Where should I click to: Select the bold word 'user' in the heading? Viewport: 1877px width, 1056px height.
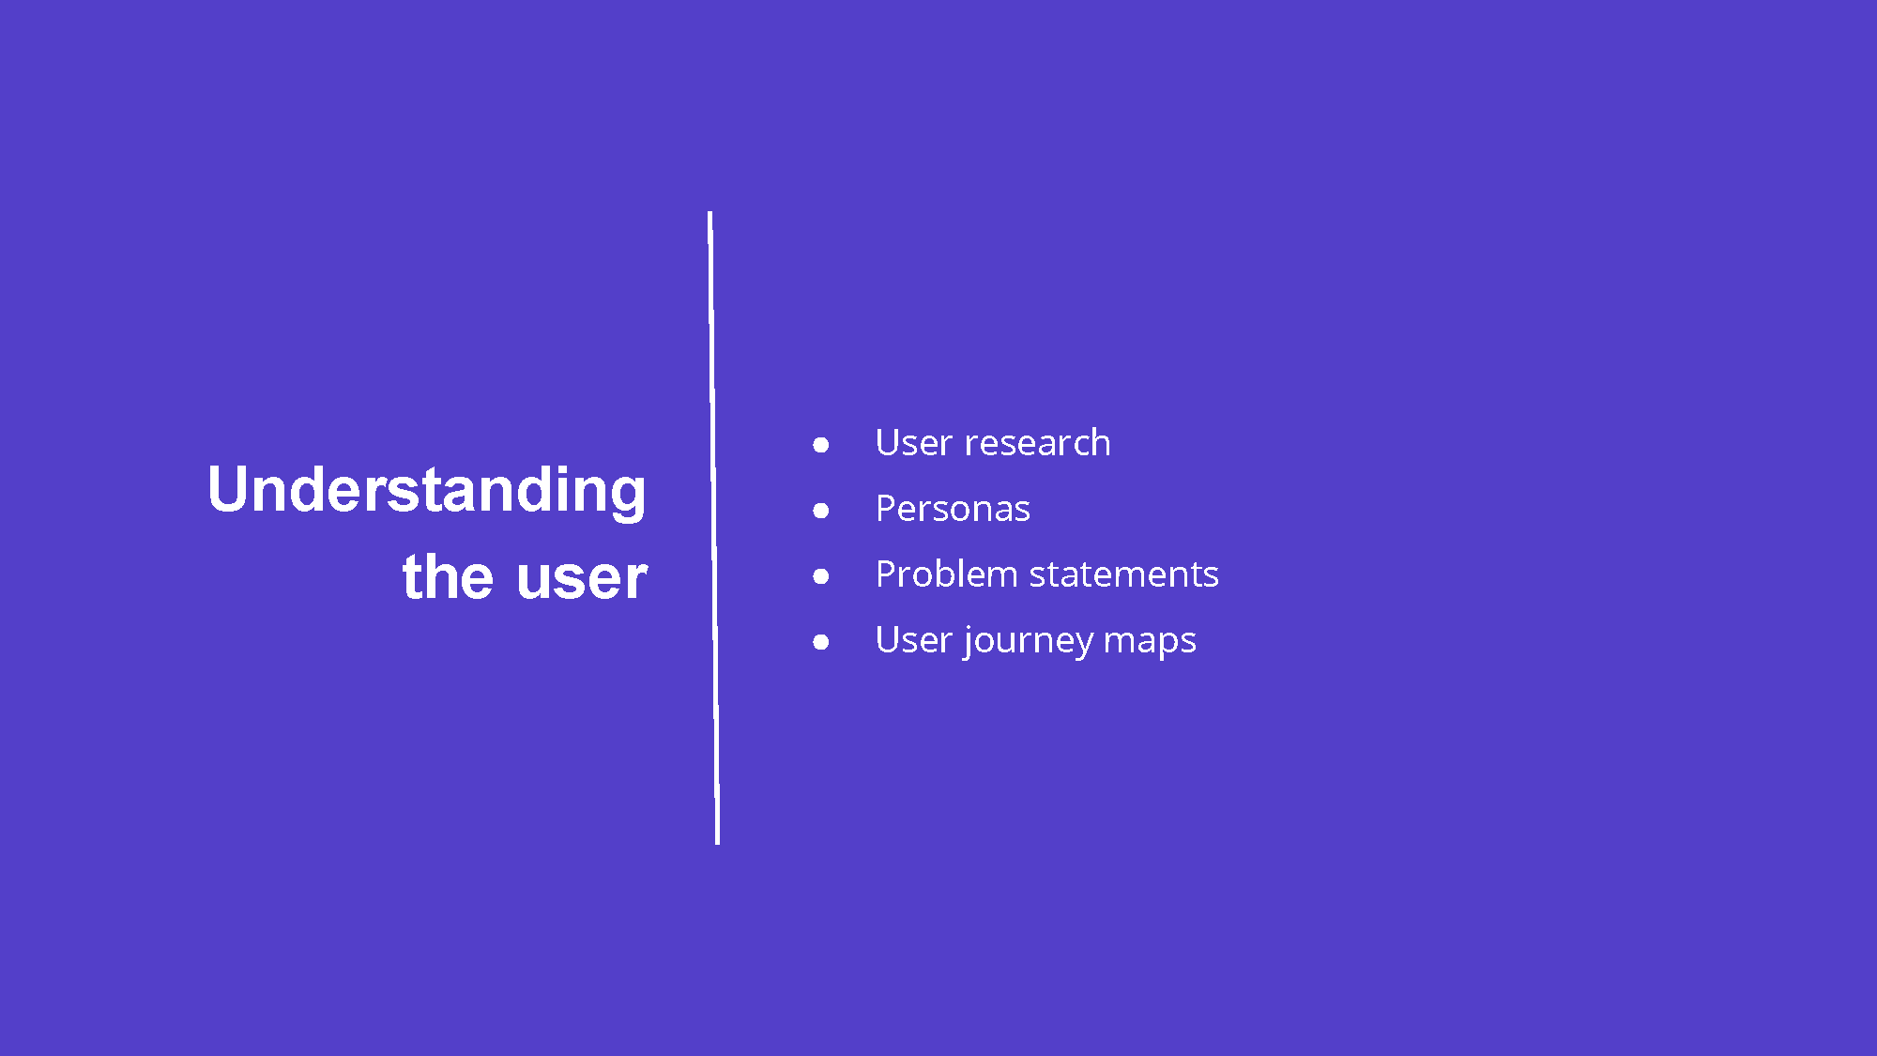(582, 578)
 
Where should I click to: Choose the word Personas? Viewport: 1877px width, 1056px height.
(953, 509)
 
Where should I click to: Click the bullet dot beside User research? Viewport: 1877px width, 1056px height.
(821, 445)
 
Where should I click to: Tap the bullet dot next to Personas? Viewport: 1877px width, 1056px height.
(821, 511)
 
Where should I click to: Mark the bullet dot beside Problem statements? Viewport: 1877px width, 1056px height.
(821, 576)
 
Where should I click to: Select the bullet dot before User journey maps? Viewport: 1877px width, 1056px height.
(821, 642)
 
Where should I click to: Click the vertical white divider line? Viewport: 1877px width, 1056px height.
(713, 528)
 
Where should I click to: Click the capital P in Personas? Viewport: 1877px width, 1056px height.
(887, 509)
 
